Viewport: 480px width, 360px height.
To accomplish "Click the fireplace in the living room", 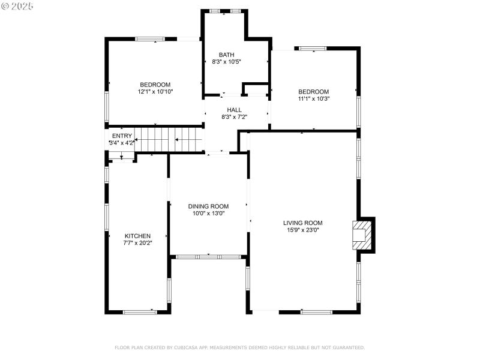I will click(x=362, y=235).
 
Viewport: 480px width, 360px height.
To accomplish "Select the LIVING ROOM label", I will click(x=303, y=223).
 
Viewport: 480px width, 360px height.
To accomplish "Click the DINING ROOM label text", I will click(x=208, y=206).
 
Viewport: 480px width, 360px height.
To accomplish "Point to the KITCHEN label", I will click(x=137, y=236).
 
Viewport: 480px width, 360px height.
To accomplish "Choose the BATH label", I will click(x=226, y=55).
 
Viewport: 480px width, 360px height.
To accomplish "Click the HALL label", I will click(x=234, y=110).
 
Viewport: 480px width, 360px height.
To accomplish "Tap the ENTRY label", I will click(x=122, y=136).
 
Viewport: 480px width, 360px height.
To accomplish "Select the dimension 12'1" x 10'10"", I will click(x=155, y=92).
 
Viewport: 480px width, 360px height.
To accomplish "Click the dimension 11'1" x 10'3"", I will click(x=314, y=98).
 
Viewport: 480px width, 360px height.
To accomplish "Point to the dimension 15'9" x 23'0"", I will click(x=303, y=230).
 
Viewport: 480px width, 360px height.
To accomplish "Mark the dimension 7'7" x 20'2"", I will click(x=137, y=243).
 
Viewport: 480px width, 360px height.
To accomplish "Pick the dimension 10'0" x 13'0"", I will click(x=208, y=213).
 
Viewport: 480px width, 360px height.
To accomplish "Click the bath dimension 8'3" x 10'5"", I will click(x=226, y=61).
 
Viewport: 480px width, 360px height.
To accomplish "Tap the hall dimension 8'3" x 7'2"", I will click(x=234, y=117).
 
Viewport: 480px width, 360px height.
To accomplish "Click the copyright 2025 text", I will click(x=18, y=5).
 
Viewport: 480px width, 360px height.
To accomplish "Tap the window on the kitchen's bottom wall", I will click(x=139, y=311).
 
